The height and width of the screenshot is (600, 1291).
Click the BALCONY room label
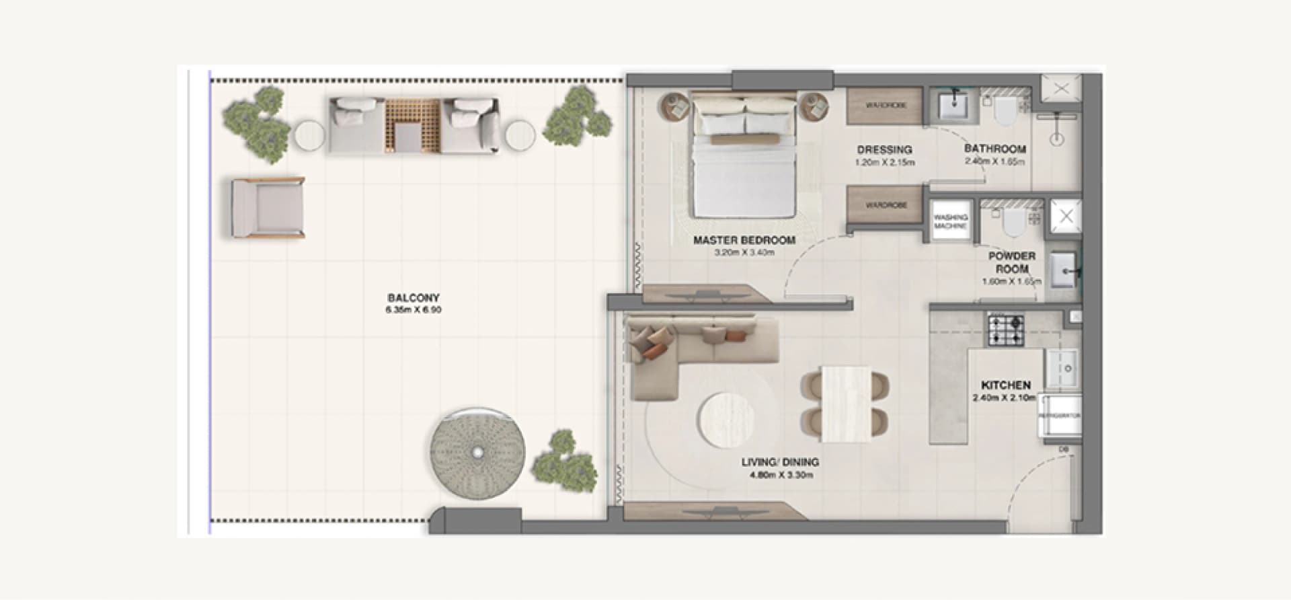tap(414, 297)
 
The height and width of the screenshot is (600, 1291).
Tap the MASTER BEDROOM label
tap(744, 240)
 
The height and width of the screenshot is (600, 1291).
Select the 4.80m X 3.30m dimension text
tap(781, 475)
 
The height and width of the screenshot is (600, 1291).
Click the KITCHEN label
tap(1005, 385)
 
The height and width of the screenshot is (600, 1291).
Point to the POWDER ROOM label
tap(1011, 262)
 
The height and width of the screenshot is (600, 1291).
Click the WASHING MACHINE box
tap(950, 221)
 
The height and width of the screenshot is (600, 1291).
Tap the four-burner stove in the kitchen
tap(1005, 331)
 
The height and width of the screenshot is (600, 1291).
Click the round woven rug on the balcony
tap(477, 453)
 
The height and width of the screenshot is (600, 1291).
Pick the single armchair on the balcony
tap(267, 208)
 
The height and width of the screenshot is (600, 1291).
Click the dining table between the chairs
tap(846, 404)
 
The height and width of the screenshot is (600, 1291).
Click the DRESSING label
tap(884, 149)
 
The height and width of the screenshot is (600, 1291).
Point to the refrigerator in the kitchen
tap(1060, 416)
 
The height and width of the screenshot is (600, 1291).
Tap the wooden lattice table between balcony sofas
tap(412, 126)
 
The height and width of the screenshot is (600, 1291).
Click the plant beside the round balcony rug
tap(563, 462)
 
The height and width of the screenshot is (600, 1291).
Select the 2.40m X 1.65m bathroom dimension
tap(994, 162)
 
